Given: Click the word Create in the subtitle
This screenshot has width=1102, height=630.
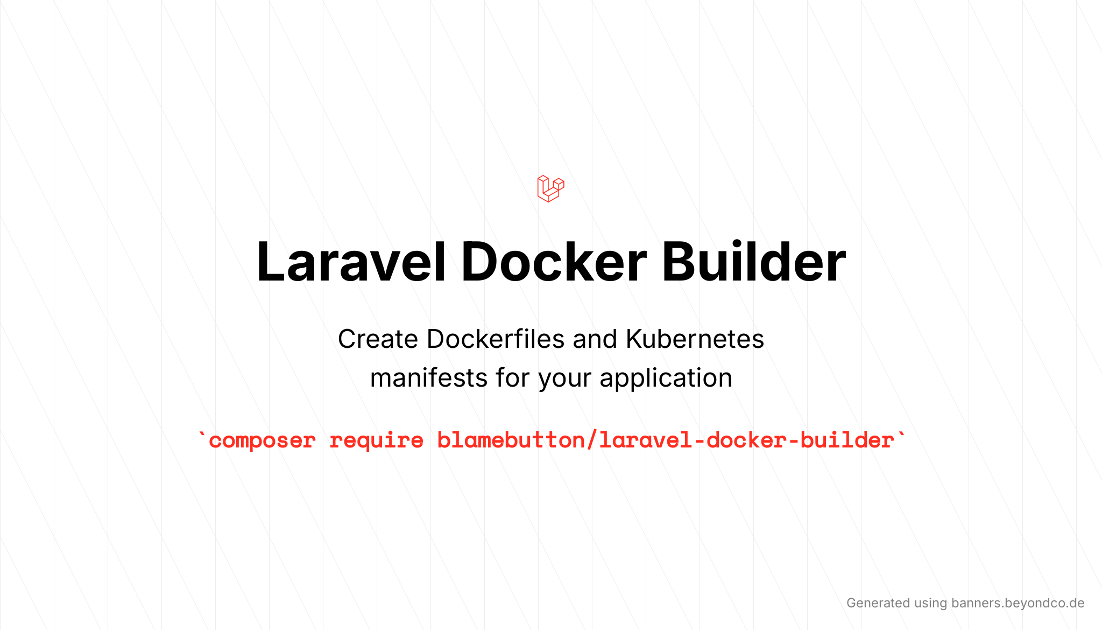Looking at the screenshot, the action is coord(378,339).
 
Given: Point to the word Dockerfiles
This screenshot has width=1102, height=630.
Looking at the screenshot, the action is coord(496,339).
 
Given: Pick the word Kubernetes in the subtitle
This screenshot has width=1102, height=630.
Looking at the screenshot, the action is coord(695,339).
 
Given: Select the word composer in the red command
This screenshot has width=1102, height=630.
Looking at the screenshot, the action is coord(262,441).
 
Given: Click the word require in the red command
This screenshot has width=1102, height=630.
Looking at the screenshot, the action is coord(376,441).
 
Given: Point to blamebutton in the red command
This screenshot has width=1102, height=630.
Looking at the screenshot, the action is coord(511,440).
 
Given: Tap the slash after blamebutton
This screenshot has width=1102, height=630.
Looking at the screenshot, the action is coord(591,440).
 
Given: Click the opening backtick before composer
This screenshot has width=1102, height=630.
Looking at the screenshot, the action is coord(202,433).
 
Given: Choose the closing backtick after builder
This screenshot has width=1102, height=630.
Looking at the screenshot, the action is coord(901,433).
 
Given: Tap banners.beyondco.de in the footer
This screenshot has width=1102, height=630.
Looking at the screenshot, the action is coord(1018,603).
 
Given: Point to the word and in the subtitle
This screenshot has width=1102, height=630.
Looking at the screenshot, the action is coord(595,339).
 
